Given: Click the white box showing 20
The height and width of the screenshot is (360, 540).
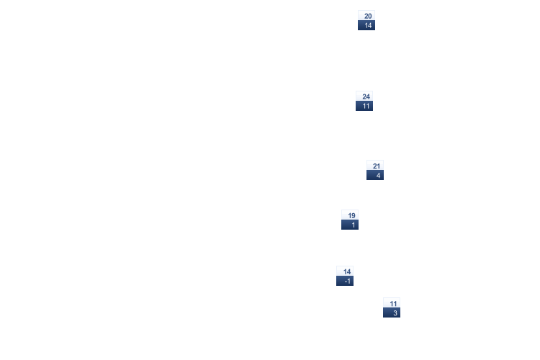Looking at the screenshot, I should tap(366, 15).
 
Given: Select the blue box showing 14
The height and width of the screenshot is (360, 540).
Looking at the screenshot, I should tap(366, 25).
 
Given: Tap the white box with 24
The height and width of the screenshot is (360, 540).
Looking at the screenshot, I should tap(364, 96).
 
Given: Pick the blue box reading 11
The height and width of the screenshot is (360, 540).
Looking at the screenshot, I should tap(364, 106).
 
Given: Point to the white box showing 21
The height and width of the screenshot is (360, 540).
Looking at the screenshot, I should tap(375, 165).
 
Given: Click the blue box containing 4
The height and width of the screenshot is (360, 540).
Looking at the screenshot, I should tap(375, 175).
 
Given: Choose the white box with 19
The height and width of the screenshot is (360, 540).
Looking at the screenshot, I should tap(350, 215).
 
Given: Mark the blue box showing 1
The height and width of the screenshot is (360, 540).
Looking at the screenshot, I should tap(350, 225).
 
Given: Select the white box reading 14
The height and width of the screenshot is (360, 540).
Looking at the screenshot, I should tap(345, 271).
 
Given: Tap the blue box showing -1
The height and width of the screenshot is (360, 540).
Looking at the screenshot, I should tap(345, 281).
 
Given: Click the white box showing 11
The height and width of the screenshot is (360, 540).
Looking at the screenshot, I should tap(392, 302).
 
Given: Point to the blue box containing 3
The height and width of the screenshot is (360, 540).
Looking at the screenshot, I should tap(392, 312).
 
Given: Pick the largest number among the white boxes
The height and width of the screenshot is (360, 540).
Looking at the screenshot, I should tap(364, 96).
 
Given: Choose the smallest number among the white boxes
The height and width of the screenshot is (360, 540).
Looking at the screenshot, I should tap(392, 302).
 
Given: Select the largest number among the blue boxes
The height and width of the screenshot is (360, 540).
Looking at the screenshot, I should tap(366, 25).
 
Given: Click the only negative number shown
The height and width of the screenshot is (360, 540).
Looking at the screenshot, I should tap(345, 281).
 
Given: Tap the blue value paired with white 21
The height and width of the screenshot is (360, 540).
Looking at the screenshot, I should tap(375, 175).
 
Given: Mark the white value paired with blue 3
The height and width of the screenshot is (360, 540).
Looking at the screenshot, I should tap(392, 302).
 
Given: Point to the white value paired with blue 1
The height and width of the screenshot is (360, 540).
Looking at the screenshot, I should tap(350, 215).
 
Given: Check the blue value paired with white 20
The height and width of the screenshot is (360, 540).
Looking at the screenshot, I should tap(366, 25).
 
